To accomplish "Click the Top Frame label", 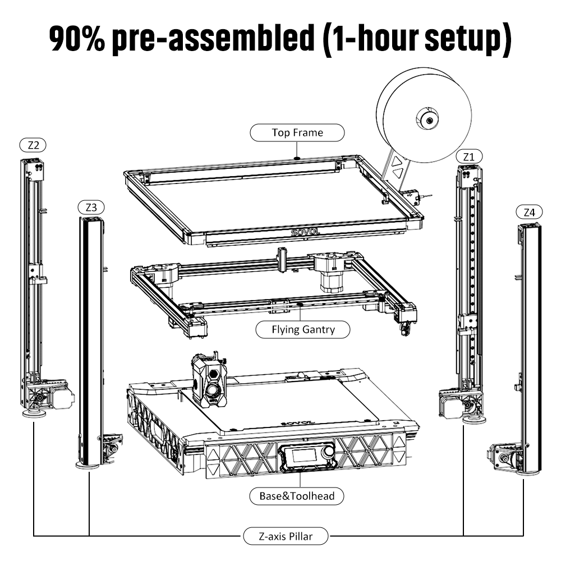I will [297, 133].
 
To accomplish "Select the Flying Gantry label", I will [303, 329].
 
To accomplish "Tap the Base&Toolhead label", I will [297, 496].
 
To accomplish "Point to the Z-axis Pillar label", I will [286, 536].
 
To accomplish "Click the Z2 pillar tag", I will [33, 145].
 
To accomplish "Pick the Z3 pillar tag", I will [91, 207].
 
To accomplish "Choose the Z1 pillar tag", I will [469, 157].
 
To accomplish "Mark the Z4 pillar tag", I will [529, 213].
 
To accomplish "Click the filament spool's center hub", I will [427, 119].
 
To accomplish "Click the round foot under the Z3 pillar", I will [89, 465].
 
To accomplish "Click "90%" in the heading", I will [76, 39].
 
